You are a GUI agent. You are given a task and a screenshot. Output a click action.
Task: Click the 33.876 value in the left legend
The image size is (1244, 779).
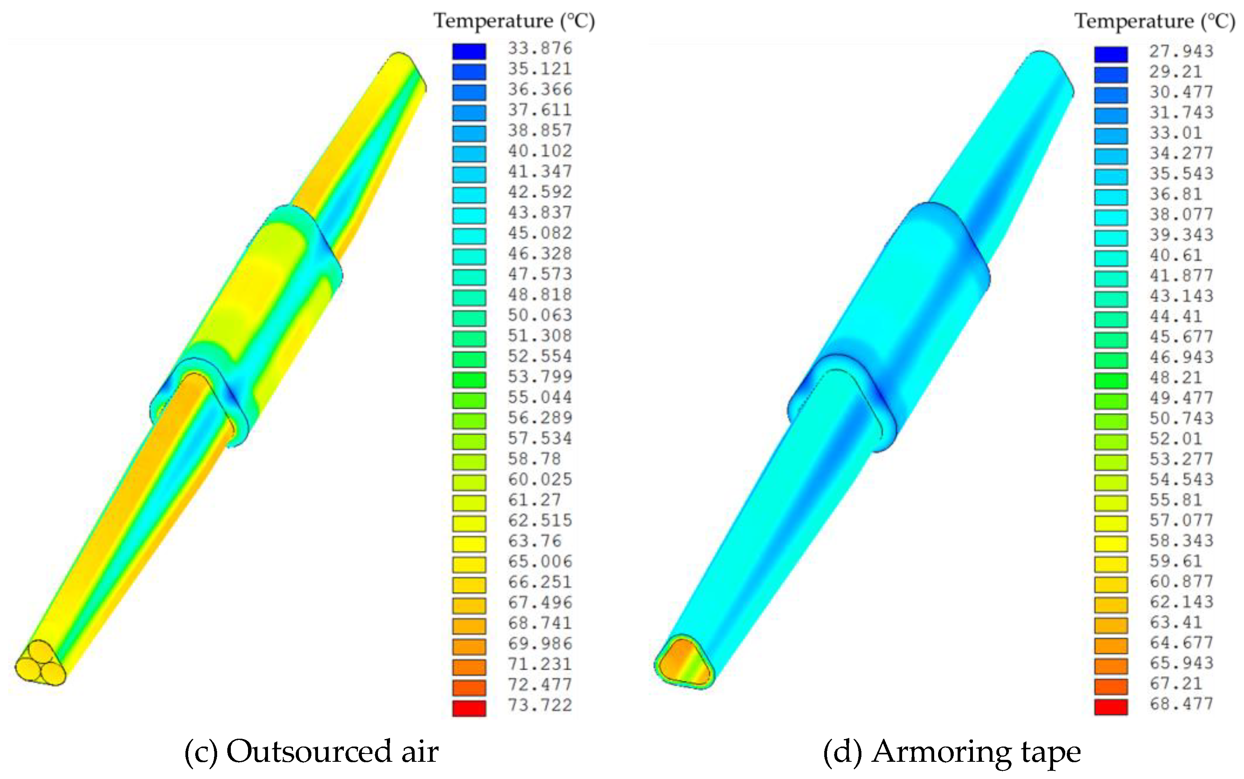click(539, 48)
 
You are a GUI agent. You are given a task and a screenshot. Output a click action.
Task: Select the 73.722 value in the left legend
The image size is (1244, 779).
click(539, 705)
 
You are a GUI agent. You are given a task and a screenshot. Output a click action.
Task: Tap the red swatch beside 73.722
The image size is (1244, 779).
click(469, 708)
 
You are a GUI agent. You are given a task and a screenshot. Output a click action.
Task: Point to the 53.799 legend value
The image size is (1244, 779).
click(539, 377)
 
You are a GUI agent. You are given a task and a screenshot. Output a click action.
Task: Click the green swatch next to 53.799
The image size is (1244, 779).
click(469, 380)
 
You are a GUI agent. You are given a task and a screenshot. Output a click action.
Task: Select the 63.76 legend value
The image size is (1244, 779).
click(534, 541)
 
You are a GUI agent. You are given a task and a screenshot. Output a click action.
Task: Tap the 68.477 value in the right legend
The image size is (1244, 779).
click(1181, 704)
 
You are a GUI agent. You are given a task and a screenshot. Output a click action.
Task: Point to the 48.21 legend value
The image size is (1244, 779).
click(1176, 378)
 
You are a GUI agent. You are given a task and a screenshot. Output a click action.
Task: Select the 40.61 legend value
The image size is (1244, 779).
click(1176, 255)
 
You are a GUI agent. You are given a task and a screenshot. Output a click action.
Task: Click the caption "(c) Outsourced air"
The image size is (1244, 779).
click(311, 752)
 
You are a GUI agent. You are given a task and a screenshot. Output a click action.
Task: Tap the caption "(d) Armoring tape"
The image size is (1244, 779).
click(951, 752)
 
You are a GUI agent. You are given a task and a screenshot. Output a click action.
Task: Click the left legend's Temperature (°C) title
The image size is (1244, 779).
click(514, 21)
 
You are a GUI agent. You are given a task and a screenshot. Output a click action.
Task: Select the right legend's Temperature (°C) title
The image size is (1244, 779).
click(1154, 21)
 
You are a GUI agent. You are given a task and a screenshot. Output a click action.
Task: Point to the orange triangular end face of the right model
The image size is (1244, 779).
click(684, 662)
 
